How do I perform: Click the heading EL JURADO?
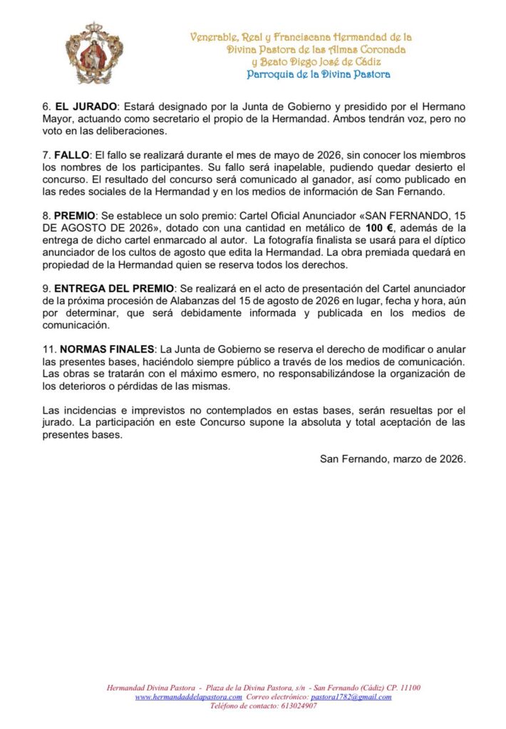80,106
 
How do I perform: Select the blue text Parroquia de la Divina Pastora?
319,74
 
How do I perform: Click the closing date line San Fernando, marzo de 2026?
393,458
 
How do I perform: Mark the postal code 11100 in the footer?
410,688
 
